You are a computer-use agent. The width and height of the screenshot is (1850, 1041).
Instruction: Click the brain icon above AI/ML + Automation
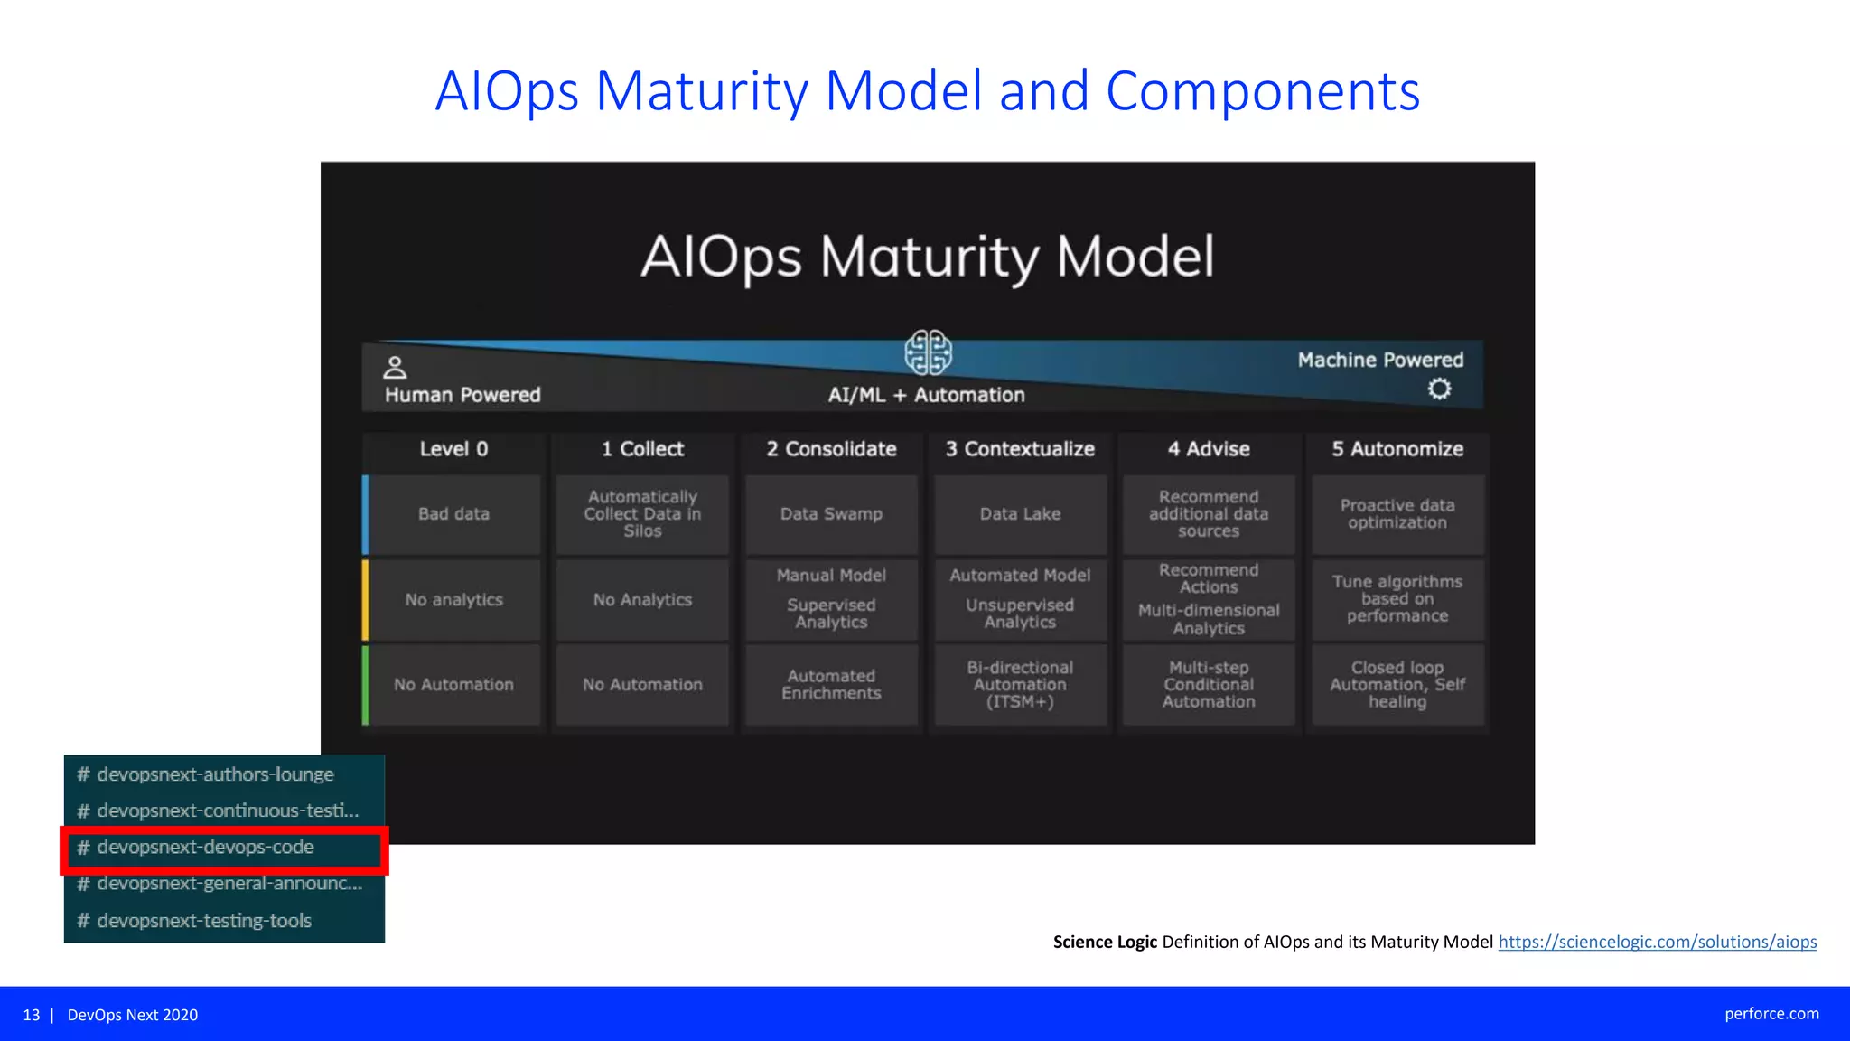pos(928,352)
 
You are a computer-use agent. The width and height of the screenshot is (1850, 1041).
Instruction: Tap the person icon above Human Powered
pos(395,368)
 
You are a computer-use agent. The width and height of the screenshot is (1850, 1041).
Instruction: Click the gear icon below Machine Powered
pos(1439,389)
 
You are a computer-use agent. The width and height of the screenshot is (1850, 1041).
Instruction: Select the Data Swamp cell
pos(831,514)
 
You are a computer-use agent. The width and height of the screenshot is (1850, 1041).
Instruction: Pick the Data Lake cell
pos(1020,514)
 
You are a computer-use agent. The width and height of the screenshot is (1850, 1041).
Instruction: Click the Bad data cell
pos(453,514)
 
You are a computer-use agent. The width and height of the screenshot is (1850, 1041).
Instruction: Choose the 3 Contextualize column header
pos(1020,449)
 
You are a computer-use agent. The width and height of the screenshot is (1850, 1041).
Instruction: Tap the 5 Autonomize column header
pos(1397,449)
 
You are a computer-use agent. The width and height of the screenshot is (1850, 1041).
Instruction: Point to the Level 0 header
pos(453,449)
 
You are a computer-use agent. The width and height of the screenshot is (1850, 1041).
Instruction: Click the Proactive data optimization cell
pos(1397,514)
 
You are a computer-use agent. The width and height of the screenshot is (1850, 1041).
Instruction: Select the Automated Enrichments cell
pos(831,685)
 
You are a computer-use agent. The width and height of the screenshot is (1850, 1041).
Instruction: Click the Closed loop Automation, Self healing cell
pos(1397,685)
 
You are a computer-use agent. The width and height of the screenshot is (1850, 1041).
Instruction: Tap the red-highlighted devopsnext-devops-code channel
pos(206,848)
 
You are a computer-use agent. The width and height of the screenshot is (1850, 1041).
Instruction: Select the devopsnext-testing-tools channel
pos(204,921)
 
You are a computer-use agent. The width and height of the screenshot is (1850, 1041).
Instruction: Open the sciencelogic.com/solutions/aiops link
pos(1657,942)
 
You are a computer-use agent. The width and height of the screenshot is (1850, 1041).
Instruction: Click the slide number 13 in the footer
pos(32,1015)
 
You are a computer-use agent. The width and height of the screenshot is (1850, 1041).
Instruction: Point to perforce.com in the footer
pos(1771,1014)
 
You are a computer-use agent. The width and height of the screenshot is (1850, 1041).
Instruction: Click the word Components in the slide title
pos(1262,91)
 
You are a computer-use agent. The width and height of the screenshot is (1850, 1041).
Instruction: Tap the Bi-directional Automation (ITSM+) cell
pos(1020,685)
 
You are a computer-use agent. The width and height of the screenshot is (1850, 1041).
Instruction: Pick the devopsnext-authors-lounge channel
pos(215,774)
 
